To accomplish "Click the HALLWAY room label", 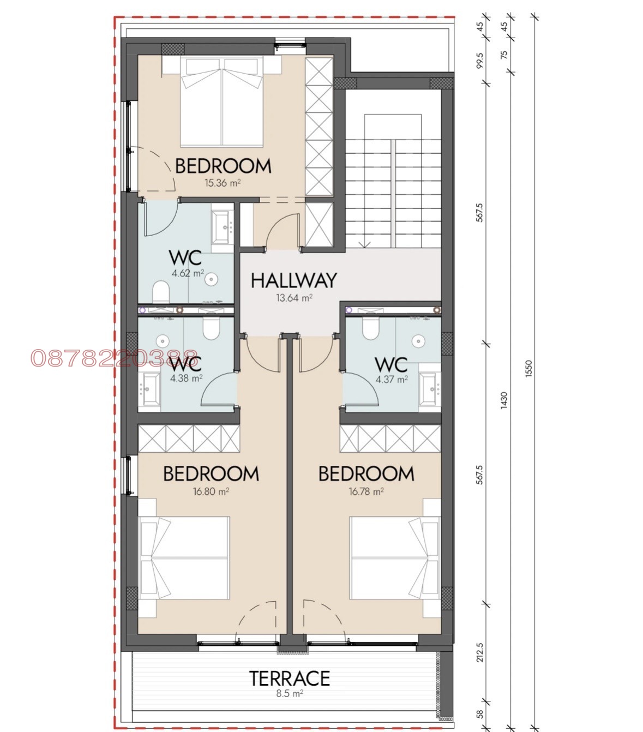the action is click(x=293, y=281).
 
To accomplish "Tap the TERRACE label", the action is click(x=290, y=678).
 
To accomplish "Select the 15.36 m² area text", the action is click(x=223, y=183).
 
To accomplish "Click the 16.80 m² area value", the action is click(x=211, y=491).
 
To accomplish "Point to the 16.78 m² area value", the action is click(x=366, y=491).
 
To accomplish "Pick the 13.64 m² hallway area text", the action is click(x=294, y=298).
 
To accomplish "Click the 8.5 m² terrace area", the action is click(x=290, y=693).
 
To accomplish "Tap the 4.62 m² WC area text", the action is click(x=188, y=273).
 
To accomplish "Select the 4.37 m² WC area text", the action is click(x=392, y=380).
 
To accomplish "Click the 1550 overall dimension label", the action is click(x=528, y=369).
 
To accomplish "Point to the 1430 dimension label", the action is click(x=504, y=400).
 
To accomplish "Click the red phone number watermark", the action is click(x=114, y=358).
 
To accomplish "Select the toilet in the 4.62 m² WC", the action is click(x=161, y=292).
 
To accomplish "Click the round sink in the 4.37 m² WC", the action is click(x=418, y=340).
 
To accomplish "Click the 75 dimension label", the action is click(x=504, y=54).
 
